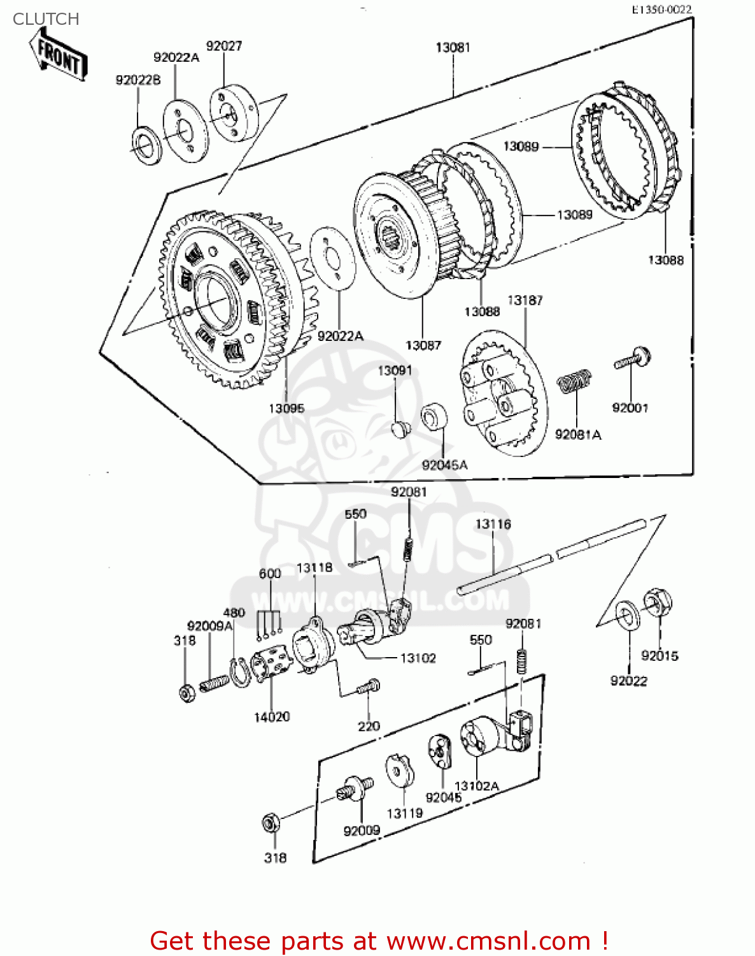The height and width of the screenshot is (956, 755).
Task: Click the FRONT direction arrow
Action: click(59, 57)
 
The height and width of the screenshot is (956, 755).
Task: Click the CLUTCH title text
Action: click(46, 19)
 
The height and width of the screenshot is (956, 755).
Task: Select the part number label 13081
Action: click(453, 48)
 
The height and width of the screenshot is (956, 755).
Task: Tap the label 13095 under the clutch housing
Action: click(286, 409)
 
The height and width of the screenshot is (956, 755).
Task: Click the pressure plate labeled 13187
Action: click(503, 402)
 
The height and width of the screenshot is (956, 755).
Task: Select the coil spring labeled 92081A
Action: click(574, 382)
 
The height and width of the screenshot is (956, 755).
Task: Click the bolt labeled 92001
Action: click(633, 358)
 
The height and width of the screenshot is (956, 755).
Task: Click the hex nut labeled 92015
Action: click(658, 602)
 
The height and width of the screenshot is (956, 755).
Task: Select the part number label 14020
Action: click(272, 717)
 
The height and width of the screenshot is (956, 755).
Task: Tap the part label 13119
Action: click(404, 814)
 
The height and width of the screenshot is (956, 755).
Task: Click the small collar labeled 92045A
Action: click(434, 417)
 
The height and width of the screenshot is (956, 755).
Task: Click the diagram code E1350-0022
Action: click(661, 10)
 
